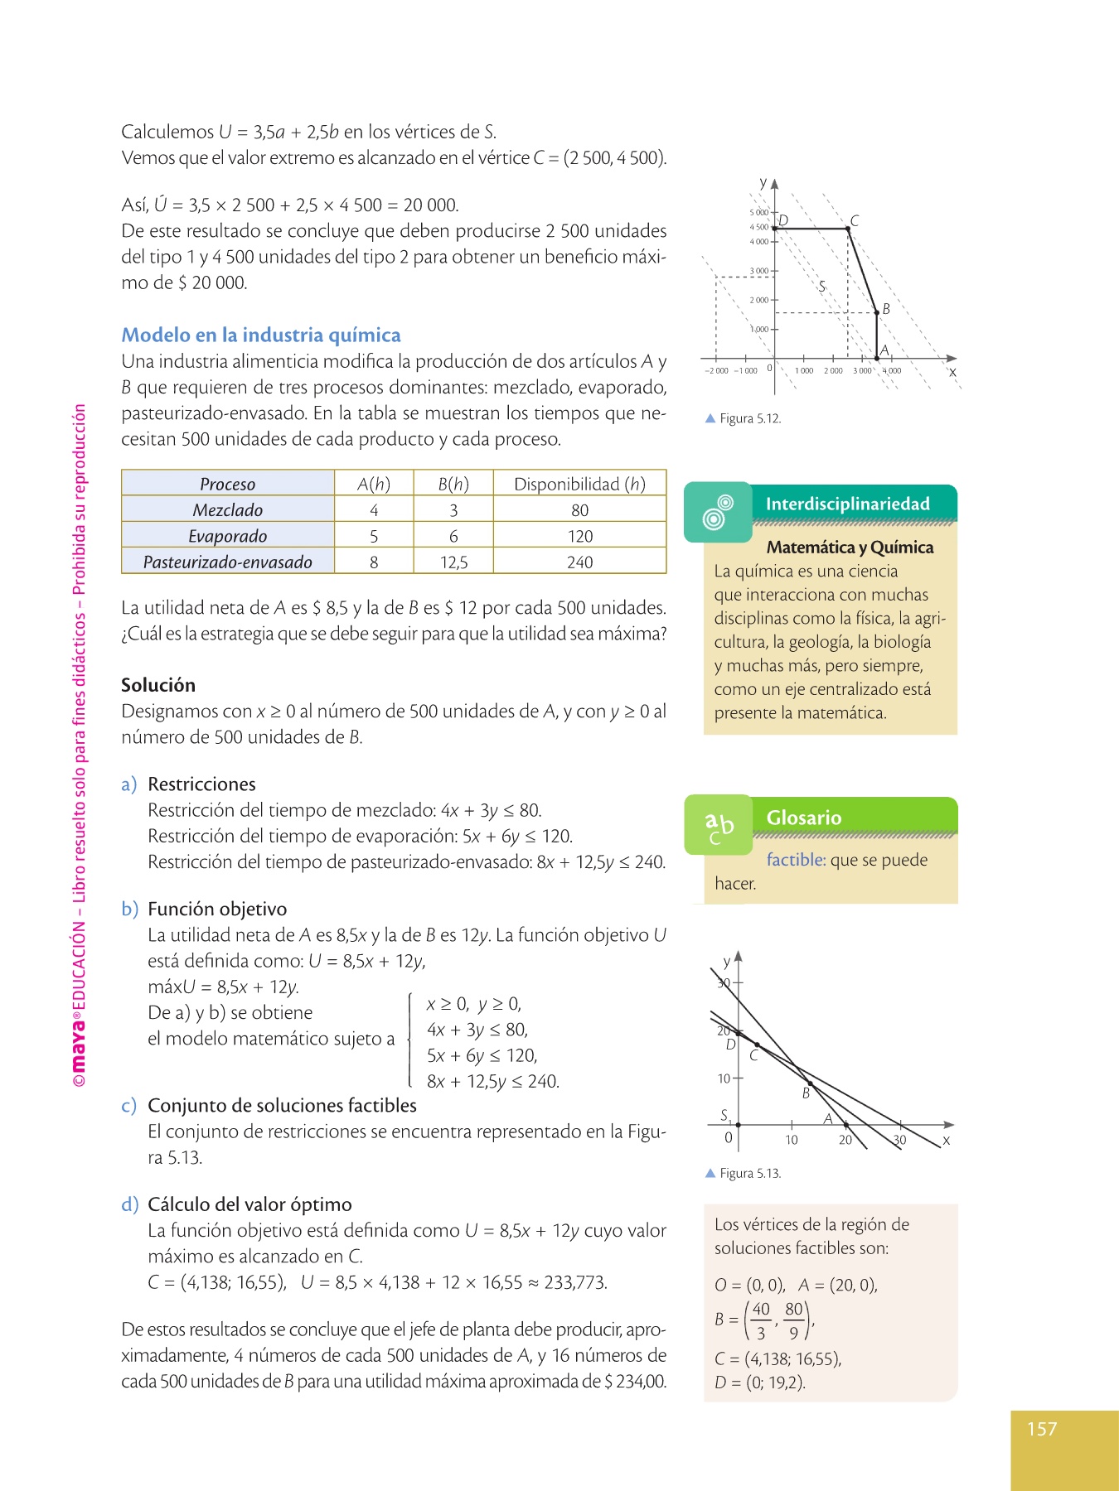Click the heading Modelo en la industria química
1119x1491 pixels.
(260, 335)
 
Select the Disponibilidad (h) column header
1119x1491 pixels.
(579, 484)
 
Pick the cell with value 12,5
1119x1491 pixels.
(453, 562)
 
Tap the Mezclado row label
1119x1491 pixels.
(228, 510)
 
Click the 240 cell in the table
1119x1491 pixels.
(579, 562)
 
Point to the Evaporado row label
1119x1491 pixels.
(228, 536)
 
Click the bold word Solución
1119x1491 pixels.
(158, 685)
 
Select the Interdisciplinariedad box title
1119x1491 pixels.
(847, 504)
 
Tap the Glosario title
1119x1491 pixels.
(803, 818)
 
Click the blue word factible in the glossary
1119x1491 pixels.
(795, 860)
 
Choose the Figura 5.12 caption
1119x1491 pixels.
(749, 418)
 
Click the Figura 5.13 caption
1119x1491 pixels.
(749, 1173)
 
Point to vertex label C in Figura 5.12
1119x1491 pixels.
(855, 220)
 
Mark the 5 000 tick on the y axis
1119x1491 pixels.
(758, 213)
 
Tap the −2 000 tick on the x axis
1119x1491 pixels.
(716, 371)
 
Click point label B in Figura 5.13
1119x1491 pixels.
(806, 1093)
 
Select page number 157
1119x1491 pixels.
(1042, 1429)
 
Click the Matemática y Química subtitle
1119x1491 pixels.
(850, 548)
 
